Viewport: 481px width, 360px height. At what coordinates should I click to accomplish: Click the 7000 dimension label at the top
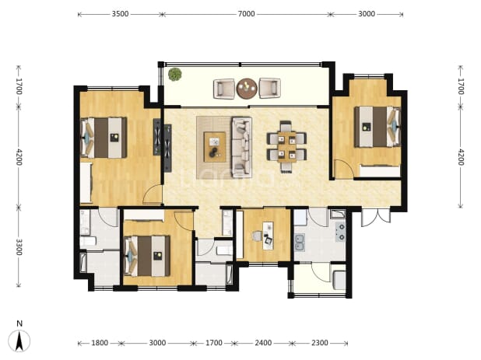246,14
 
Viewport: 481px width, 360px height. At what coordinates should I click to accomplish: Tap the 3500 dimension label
120,14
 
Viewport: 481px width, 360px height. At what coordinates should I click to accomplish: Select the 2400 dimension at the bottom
263,343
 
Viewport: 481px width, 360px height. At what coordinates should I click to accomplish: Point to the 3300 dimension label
19,247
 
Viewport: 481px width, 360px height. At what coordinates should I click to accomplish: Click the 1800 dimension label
100,343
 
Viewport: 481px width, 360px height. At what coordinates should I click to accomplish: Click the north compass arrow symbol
19,341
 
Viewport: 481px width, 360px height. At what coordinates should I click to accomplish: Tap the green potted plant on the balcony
175,75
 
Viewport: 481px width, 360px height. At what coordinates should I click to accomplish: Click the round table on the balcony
247,89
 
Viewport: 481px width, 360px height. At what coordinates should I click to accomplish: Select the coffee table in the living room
215,147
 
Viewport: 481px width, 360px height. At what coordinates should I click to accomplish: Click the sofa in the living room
242,147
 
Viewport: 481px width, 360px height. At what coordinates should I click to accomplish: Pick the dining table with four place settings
287,146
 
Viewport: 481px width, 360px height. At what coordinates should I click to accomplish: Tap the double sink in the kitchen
300,243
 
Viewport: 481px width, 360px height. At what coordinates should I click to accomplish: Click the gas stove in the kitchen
340,232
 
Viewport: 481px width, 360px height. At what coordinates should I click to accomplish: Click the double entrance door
376,218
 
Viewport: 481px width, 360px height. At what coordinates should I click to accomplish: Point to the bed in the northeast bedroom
377,127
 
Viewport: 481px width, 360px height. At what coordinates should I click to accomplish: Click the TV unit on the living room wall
167,148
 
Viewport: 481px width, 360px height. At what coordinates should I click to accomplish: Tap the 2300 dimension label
320,343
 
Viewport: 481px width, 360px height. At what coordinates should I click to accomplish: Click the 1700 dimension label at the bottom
213,343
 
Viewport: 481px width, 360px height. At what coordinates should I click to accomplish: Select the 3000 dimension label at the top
367,14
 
